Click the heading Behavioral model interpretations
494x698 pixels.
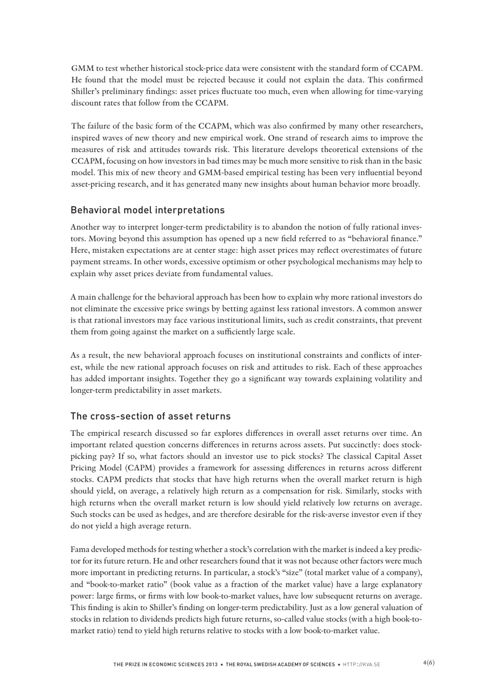coord(147,210)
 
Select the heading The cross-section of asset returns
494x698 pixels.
coord(150,416)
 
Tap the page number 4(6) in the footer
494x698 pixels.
coord(428,663)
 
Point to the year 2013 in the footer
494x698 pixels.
coord(211,665)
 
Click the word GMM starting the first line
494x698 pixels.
coord(81,68)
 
